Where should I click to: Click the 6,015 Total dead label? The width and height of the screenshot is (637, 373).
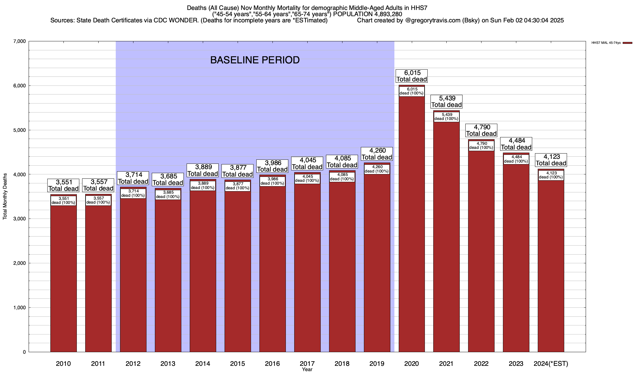(x=411, y=76)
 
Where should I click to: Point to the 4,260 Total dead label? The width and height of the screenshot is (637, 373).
(x=377, y=154)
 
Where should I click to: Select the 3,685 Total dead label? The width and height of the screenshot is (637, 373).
(x=168, y=180)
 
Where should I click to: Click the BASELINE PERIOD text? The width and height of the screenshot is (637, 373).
(x=255, y=60)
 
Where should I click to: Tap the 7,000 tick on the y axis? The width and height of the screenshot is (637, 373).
(x=19, y=41)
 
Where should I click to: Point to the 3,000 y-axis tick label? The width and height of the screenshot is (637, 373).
(x=19, y=219)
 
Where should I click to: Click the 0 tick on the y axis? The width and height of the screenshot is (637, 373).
(x=24, y=352)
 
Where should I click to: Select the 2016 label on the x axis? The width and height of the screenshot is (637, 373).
(x=272, y=364)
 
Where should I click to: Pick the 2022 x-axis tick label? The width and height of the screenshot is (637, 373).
(x=481, y=364)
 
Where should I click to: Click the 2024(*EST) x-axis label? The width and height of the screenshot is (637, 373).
(x=551, y=364)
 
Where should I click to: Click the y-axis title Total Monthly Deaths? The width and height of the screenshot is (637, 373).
(x=5, y=196)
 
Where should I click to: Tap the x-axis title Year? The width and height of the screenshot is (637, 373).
(x=307, y=370)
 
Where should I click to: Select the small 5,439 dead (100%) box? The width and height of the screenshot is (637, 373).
(x=446, y=117)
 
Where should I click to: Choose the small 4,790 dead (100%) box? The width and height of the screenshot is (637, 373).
(x=481, y=145)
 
